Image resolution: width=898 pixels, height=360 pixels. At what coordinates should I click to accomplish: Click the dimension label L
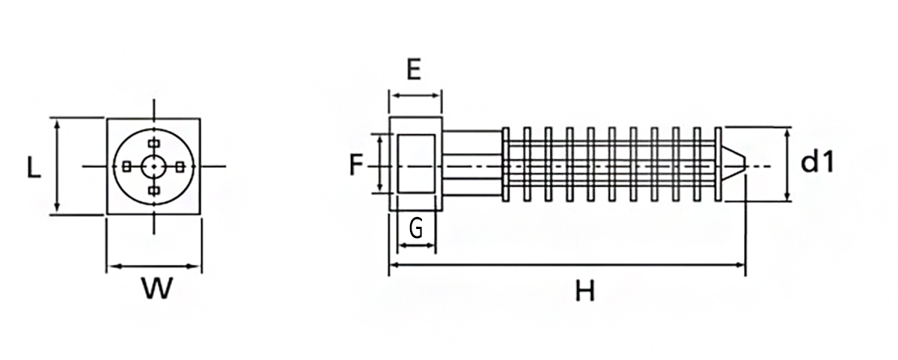coord(34,167)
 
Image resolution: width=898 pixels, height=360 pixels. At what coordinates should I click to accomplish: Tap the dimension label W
coord(157,288)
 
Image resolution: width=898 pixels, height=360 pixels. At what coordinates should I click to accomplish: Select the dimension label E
coord(414,69)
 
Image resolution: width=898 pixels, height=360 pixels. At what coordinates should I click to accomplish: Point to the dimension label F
coord(356,165)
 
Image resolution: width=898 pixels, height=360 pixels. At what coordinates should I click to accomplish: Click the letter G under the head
coord(416,228)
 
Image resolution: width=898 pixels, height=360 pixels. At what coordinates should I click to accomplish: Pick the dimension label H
coord(585,291)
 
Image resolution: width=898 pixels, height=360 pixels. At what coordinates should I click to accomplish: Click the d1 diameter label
coord(817,161)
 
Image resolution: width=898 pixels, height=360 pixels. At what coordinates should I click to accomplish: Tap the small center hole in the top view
coord(153,166)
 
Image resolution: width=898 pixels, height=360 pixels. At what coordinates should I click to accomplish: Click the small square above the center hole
coord(154,143)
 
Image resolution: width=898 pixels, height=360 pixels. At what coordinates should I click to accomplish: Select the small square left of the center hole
coord(126,166)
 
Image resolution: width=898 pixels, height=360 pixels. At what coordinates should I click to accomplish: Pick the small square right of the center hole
coord(180,166)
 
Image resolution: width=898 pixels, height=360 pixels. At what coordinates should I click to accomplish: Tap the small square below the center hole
coord(154,190)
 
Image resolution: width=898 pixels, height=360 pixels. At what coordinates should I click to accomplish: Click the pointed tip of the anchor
coord(747,165)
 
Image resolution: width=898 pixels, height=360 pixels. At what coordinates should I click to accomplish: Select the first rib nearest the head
coord(506,165)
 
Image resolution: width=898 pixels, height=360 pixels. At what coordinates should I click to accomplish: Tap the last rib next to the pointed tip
coord(718,165)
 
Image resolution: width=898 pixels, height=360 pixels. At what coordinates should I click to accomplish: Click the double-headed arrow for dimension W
coord(154,266)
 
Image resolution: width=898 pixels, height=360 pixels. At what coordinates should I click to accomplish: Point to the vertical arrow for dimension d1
coord(787,165)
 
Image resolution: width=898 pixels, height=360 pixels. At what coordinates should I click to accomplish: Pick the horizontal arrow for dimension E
coord(416,95)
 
